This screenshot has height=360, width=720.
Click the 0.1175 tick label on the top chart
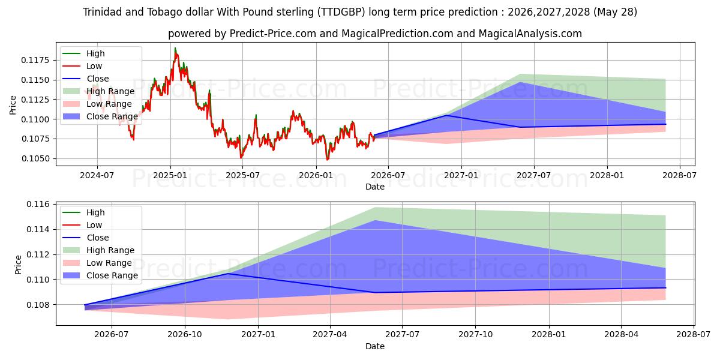pyautogui.click(x=35, y=60)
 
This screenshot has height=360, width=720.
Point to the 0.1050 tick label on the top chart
pyautogui.click(x=35, y=159)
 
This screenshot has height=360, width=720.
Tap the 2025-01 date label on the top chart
pyautogui.click(x=170, y=175)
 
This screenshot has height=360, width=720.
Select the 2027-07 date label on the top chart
pyautogui.click(x=533, y=175)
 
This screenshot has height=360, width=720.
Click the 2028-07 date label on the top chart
pyautogui.click(x=679, y=175)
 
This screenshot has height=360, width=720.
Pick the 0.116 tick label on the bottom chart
pyautogui.click(x=38, y=205)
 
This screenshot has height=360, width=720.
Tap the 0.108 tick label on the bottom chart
pyautogui.click(x=38, y=305)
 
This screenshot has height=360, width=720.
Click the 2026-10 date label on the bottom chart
pyautogui.click(x=185, y=335)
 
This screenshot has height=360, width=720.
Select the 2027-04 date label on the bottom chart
pyautogui.click(x=330, y=335)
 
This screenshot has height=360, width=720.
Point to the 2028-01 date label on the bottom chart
pyautogui.click(x=548, y=335)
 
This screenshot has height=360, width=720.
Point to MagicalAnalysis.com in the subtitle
pyautogui.click(x=530, y=34)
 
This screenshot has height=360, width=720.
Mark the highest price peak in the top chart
pyautogui.click(x=175, y=48)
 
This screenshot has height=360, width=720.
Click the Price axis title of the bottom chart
pyautogui.click(x=18, y=265)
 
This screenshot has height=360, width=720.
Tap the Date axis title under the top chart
pyautogui.click(x=375, y=187)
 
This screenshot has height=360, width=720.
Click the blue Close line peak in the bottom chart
pyautogui.click(x=228, y=274)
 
